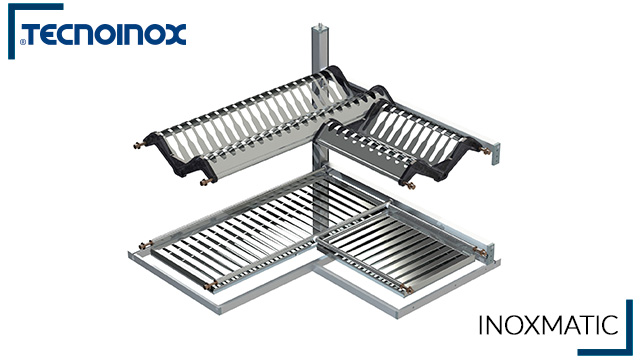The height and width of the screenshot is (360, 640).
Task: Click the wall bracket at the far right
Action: click(492, 149)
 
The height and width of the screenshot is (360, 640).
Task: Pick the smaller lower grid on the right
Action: click(400, 245)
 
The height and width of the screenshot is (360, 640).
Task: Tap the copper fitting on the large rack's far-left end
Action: click(138, 146)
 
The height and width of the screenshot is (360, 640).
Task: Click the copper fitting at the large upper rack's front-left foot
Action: click(206, 182)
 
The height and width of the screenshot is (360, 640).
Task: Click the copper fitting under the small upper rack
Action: click(407, 184)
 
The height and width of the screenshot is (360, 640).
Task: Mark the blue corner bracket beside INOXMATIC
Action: click(628, 325)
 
